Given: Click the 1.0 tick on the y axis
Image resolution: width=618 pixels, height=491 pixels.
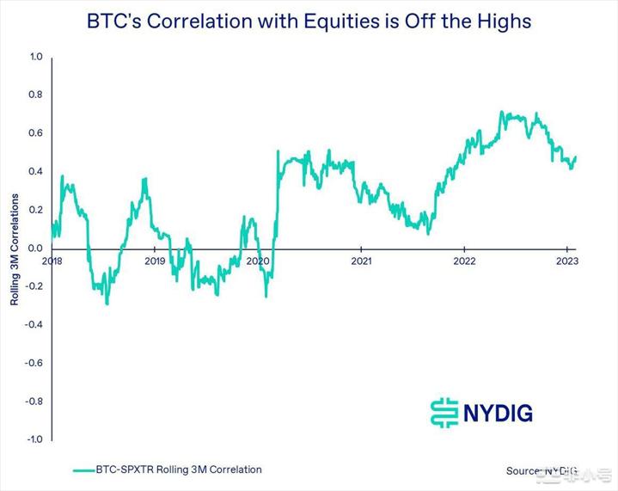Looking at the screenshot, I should tap(35, 57).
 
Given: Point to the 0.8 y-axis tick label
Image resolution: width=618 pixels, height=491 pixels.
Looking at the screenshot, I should tap(35, 95).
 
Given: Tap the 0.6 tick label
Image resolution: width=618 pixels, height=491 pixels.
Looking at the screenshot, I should tap(35, 133).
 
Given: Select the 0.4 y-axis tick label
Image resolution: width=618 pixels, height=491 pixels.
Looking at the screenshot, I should tap(35, 172).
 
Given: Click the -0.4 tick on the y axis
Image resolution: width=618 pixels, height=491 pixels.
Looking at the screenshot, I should tap(34, 325).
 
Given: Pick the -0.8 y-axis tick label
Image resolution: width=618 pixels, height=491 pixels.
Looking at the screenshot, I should tap(34, 402).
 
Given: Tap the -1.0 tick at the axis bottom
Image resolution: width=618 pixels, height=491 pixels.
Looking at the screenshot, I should tap(34, 439).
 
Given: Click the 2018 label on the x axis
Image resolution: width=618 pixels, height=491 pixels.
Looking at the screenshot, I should tap(52, 261).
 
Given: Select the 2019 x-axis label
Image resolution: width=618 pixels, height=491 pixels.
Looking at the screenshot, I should tap(155, 261).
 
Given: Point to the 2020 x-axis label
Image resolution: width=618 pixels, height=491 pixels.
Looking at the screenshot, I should tap(258, 261).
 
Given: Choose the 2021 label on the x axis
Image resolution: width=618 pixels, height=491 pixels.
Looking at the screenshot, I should tap(361, 261).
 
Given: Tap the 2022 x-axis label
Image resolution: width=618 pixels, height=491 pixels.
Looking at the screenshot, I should tap(464, 261).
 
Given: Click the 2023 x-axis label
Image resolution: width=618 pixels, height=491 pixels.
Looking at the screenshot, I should tap(567, 261).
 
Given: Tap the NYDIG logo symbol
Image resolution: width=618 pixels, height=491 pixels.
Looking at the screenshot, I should tap(444, 412).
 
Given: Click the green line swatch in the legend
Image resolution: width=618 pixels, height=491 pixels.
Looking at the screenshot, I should tap(94, 470).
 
